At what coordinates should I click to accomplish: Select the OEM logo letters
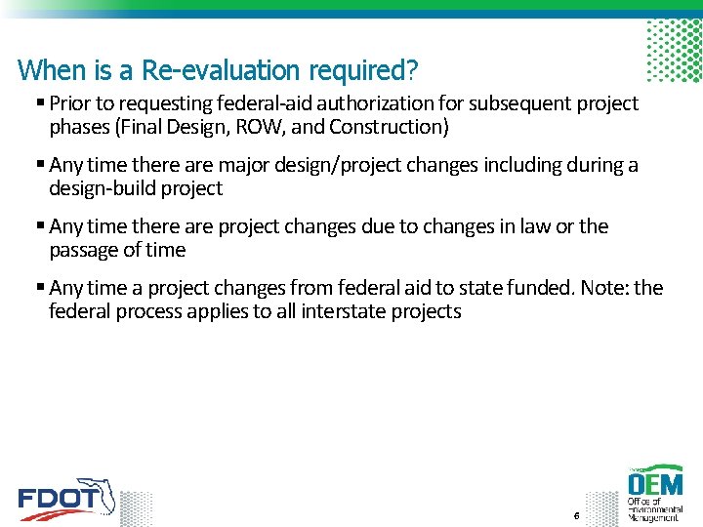[655, 483]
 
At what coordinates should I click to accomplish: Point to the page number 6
[577, 515]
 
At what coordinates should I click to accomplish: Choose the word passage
[84, 250]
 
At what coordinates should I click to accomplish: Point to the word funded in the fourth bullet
[543, 288]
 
